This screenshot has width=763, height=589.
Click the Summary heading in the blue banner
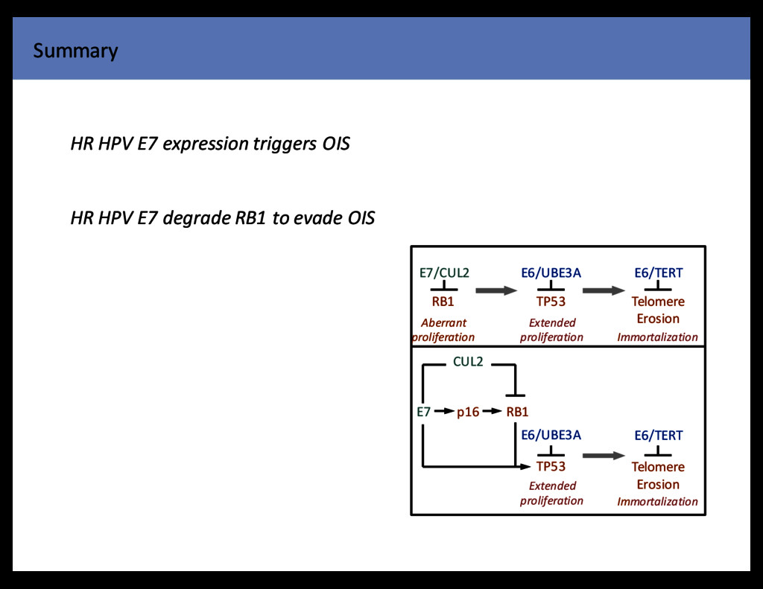pyautogui.click(x=75, y=51)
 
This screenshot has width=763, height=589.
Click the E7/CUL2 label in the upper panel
pyautogui.click(x=444, y=273)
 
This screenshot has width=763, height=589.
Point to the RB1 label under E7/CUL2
pyautogui.click(x=443, y=302)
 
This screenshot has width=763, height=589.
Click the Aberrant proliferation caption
pyautogui.click(x=443, y=330)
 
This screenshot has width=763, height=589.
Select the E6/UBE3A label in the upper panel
pyautogui.click(x=551, y=273)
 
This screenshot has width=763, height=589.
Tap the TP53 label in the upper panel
pyautogui.click(x=551, y=302)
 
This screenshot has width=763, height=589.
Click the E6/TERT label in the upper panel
pyautogui.click(x=658, y=273)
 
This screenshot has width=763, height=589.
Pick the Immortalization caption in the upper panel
pyautogui.click(x=657, y=337)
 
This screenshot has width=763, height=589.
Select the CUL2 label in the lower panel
pyautogui.click(x=468, y=363)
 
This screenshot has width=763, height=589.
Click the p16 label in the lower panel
pyautogui.click(x=468, y=412)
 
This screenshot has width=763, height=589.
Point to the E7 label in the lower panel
pyautogui.click(x=423, y=412)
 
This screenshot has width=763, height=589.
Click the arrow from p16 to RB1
pyautogui.click(x=492, y=411)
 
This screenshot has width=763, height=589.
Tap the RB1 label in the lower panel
pyautogui.click(x=517, y=412)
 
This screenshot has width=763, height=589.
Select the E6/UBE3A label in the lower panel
pyautogui.click(x=551, y=436)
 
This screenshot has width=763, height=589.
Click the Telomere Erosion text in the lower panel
pyautogui.click(x=658, y=475)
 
